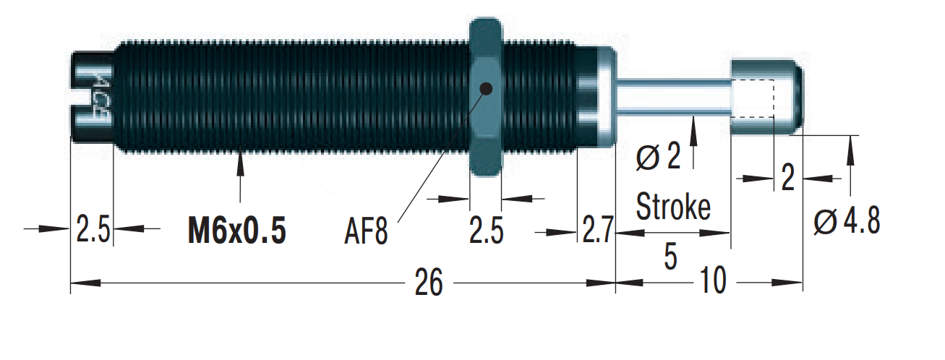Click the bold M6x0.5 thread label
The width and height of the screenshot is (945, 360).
pyautogui.click(x=236, y=231)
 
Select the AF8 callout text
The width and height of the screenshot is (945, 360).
pyautogui.click(x=367, y=233)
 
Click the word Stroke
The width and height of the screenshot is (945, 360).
pyautogui.click(x=673, y=207)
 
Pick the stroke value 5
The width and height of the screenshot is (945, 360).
pyautogui.click(x=671, y=257)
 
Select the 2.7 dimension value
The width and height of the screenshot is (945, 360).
pyautogui.click(x=597, y=232)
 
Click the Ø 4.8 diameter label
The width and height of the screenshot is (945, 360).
pyautogui.click(x=847, y=222)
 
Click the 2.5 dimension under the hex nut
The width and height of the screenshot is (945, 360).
pyautogui.click(x=486, y=232)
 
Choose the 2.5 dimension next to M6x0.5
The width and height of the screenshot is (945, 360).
pyautogui.click(x=93, y=231)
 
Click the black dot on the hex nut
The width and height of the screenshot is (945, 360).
pyautogui.click(x=486, y=89)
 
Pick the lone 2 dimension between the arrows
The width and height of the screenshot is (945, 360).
pyautogui.click(x=788, y=177)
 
